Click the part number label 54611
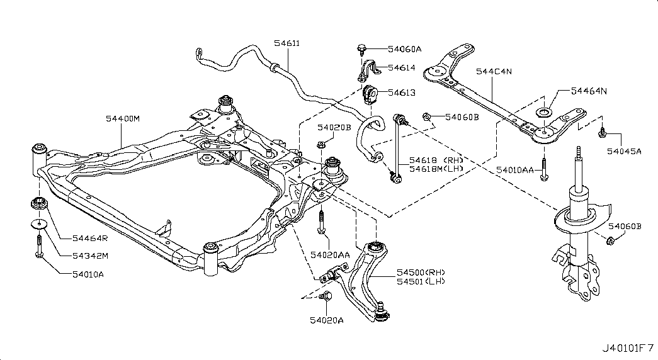[287, 43]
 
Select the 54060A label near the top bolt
[404, 49]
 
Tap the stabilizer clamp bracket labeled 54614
[368, 70]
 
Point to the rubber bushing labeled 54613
[369, 95]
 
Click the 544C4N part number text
[494, 71]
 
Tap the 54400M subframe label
[123, 119]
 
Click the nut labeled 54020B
[320, 145]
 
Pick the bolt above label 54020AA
[321, 222]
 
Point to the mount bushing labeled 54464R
[40, 203]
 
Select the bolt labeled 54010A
[39, 245]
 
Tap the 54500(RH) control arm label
[421, 273]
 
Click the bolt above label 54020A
[326, 296]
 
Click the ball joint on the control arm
[380, 313]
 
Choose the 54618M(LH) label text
[436, 169]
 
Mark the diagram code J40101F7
[628, 347]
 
